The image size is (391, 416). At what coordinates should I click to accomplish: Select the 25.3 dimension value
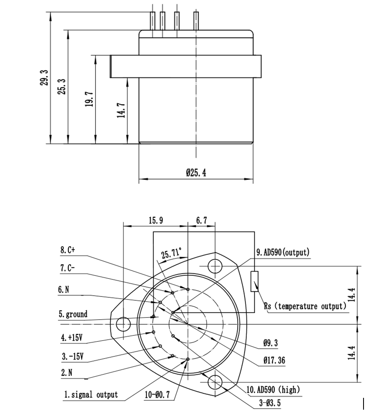[62, 86]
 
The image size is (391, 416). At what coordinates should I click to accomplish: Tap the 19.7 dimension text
[89, 99]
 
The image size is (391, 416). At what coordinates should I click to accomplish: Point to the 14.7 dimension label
[121, 111]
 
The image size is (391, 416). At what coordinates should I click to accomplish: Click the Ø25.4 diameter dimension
[196, 173]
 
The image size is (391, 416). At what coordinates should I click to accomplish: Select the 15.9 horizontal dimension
[156, 220]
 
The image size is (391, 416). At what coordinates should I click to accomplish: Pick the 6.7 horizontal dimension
[202, 220]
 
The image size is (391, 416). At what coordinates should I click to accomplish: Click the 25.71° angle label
[171, 254]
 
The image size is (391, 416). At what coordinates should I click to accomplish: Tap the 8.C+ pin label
[67, 250]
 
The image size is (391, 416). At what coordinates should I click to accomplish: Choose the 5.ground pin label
[73, 314]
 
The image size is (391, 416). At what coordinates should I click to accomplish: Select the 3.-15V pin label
[72, 356]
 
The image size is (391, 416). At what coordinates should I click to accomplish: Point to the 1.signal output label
[91, 395]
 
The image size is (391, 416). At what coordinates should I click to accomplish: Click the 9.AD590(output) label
[283, 253]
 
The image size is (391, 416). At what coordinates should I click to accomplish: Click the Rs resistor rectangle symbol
[254, 281]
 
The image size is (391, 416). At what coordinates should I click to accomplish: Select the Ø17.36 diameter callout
[274, 360]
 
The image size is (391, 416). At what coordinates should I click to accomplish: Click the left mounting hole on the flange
[123, 324]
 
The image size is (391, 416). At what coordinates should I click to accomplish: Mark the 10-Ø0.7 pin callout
[157, 395]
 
